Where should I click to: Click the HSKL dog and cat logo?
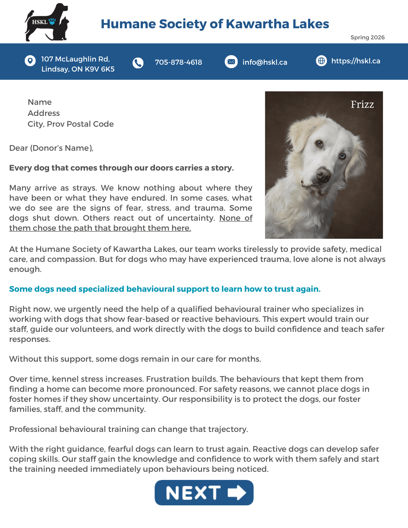[47, 22]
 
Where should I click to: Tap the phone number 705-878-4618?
[178, 62]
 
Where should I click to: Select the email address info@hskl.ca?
[265, 62]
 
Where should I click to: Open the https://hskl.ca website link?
[355, 61]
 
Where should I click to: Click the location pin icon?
[30, 61]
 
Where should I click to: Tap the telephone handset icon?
[138, 63]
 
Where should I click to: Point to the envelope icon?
[231, 62]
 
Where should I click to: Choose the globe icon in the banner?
[321, 61]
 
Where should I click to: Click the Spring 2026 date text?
[367, 37]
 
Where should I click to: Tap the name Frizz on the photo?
[362, 105]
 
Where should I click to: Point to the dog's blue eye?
[343, 156]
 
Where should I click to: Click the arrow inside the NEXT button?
[237, 493]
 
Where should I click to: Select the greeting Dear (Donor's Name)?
[51, 148]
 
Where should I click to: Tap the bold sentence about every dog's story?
[121, 168]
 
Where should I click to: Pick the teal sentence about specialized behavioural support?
[165, 289]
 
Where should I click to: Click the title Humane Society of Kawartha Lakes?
[215, 24]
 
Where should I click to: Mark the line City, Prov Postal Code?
[71, 124]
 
